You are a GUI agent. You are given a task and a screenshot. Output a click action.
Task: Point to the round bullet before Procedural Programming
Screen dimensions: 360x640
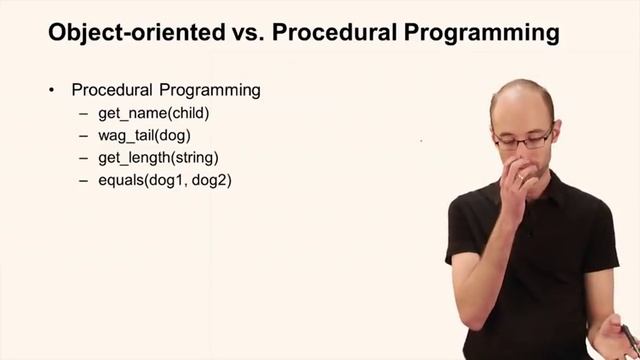(x=51, y=90)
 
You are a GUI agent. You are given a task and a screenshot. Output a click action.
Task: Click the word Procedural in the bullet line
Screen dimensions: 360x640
(x=110, y=90)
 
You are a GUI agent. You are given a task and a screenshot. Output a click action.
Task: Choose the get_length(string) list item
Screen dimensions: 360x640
(x=158, y=158)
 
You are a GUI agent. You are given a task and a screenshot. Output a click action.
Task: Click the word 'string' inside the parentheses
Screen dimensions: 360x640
(x=196, y=158)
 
